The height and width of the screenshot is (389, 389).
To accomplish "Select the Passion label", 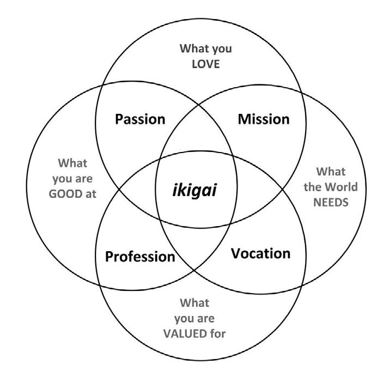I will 140,119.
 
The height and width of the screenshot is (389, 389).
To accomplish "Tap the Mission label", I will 264,119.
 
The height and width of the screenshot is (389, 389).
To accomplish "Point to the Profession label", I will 140,256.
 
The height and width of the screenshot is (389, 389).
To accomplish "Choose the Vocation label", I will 260,253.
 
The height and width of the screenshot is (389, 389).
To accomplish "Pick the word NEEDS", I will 331,202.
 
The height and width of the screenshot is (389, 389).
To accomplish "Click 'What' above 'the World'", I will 331,172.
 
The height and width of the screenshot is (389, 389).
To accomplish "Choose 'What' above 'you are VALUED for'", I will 194,302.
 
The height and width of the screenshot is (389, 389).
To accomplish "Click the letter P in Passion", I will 119,119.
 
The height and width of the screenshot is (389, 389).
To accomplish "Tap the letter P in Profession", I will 109,256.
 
